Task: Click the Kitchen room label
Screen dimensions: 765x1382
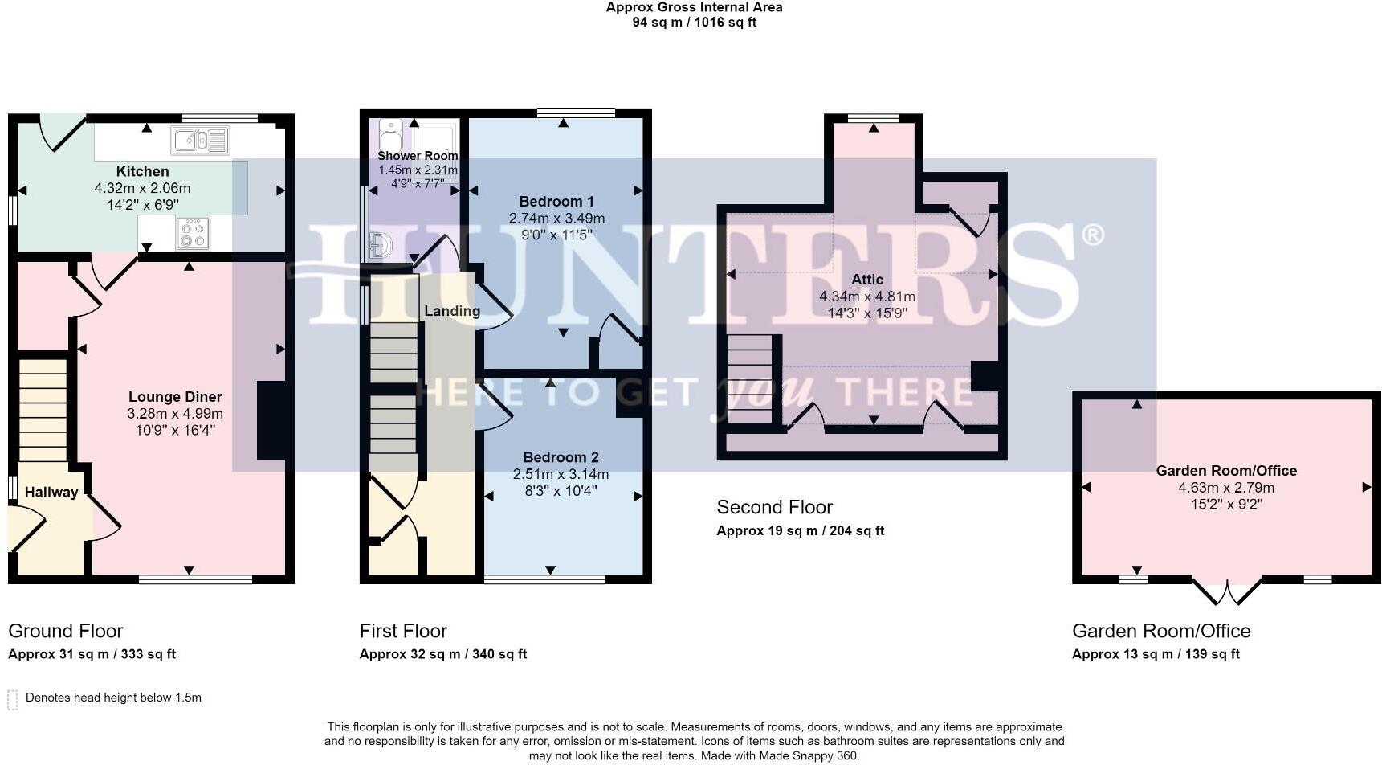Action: pyautogui.click(x=142, y=171)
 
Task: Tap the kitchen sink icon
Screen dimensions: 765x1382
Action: pyautogui.click(x=200, y=141)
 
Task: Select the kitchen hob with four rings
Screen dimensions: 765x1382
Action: pyautogui.click(x=193, y=234)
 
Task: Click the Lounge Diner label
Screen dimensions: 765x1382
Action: pyautogui.click(x=175, y=397)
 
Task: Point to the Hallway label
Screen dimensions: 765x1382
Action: pyautogui.click(x=51, y=493)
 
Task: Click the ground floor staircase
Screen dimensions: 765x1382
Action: pyautogui.click(x=43, y=410)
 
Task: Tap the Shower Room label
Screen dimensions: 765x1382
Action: pyautogui.click(x=418, y=156)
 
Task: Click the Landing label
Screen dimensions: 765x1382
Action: pyautogui.click(x=452, y=311)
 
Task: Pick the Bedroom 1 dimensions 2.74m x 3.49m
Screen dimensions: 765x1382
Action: pyautogui.click(x=556, y=219)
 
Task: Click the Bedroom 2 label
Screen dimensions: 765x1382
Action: pyautogui.click(x=561, y=457)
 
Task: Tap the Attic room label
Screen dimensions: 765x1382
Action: pyautogui.click(x=866, y=280)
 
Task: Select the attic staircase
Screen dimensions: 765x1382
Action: pyautogui.click(x=750, y=378)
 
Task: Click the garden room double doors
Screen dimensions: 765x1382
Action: pyautogui.click(x=1227, y=592)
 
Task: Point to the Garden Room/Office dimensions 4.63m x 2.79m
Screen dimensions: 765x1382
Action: pyautogui.click(x=1225, y=488)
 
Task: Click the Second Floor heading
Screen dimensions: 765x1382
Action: pyautogui.click(x=774, y=507)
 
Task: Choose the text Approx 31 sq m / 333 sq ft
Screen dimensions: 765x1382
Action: pyautogui.click(x=92, y=654)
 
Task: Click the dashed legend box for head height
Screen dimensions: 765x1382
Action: pyautogui.click(x=13, y=699)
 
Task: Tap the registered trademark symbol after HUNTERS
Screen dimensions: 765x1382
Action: pyautogui.click(x=1093, y=235)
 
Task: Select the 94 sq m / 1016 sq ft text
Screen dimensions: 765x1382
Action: pyautogui.click(x=694, y=22)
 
